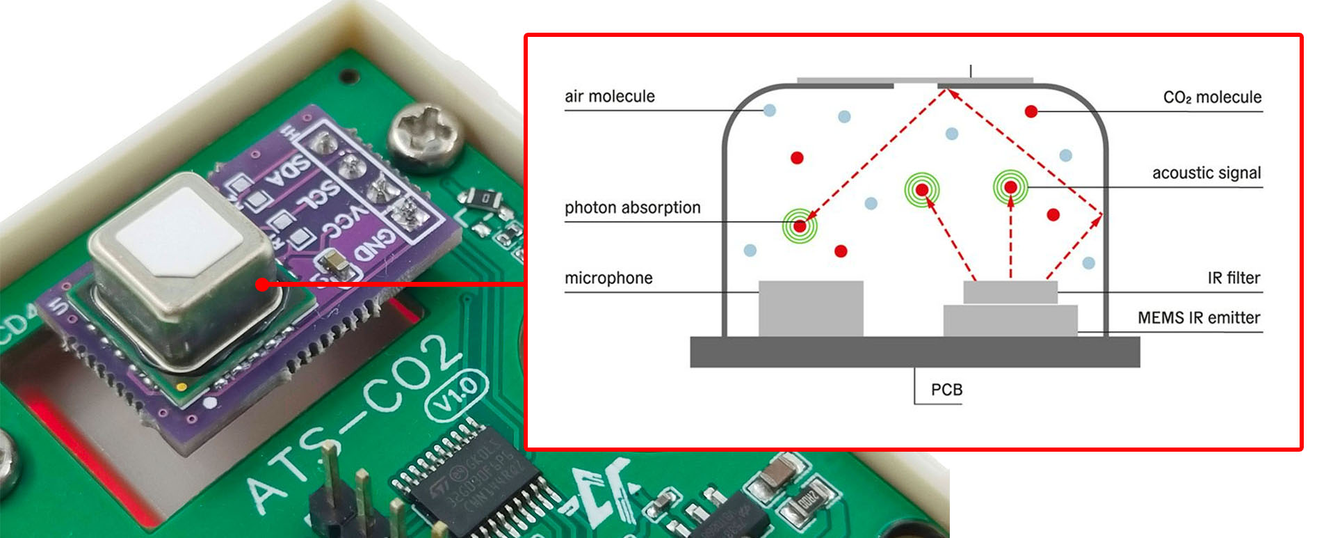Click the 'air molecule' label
pyautogui.click(x=609, y=96)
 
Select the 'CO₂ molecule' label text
pyautogui.click(x=1212, y=97)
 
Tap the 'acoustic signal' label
pyautogui.click(x=1206, y=173)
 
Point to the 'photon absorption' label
pyautogui.click(x=632, y=207)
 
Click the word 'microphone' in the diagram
pyautogui.click(x=608, y=278)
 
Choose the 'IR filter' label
pyautogui.click(x=1234, y=278)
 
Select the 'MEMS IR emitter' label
pyautogui.click(x=1199, y=317)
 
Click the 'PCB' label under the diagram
pyautogui.click(x=946, y=390)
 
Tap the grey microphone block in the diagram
pyautogui.click(x=811, y=308)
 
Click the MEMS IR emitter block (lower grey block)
pyautogui.click(x=1010, y=321)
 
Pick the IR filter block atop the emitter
pyautogui.click(x=1010, y=292)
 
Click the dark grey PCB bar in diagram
pyautogui.click(x=914, y=352)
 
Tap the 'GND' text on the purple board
pyautogui.click(x=376, y=244)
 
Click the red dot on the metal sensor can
pyautogui.click(x=261, y=284)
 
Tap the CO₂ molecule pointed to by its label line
pyautogui.click(x=1031, y=111)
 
